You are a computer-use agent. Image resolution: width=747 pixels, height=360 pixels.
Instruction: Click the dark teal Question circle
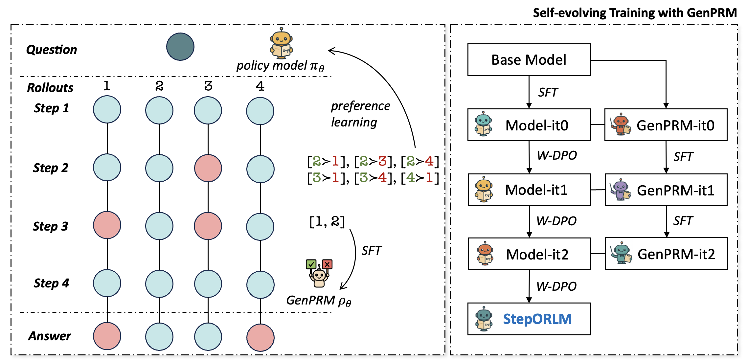[x=180, y=47]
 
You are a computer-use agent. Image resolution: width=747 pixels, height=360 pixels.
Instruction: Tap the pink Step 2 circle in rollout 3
[x=208, y=168]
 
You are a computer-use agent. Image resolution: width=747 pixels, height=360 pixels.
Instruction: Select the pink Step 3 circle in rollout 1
[x=107, y=225]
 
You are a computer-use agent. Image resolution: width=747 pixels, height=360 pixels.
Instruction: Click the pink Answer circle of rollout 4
[x=260, y=337]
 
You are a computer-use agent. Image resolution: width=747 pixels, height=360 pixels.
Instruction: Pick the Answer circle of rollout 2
[x=159, y=337]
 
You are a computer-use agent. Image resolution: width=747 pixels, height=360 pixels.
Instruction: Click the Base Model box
[x=529, y=60]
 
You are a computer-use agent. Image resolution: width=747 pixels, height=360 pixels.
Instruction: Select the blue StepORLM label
[x=537, y=319]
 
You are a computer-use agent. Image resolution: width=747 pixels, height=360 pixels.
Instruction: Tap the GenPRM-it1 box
[x=666, y=190]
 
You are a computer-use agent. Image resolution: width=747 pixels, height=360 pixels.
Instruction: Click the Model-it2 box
[x=529, y=254]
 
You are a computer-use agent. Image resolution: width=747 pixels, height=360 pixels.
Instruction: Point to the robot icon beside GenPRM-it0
[x=620, y=125]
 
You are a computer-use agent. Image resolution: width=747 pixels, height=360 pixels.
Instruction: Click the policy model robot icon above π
[x=281, y=44]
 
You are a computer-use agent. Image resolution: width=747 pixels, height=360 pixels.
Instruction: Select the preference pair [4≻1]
[x=420, y=178]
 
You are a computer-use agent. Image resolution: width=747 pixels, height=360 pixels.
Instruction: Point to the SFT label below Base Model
[x=548, y=92]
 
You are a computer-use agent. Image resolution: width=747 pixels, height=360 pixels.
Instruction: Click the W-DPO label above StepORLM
[x=556, y=286]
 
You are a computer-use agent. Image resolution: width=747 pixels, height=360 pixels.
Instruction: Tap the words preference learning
[x=360, y=114]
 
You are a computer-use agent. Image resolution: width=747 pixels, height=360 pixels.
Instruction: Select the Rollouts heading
[x=50, y=88]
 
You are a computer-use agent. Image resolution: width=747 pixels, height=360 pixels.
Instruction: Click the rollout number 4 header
[x=260, y=86]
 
